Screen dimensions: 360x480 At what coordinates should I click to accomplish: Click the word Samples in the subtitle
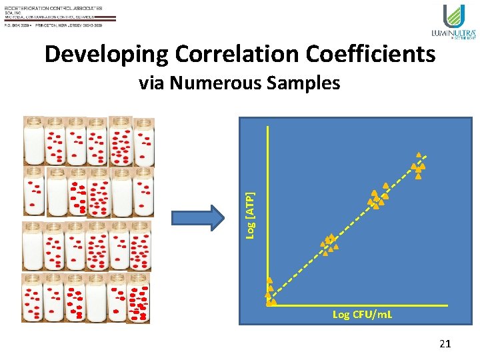point(310,83)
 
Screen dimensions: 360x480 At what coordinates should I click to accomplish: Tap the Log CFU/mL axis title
point(362,314)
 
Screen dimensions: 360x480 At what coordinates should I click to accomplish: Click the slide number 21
point(445,344)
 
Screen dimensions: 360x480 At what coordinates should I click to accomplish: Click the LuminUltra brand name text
point(453,33)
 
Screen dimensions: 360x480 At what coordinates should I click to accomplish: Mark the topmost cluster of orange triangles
point(418,166)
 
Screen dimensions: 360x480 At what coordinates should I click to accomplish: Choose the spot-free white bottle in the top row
point(34,141)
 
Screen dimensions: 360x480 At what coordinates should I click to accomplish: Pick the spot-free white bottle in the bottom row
point(96,298)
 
